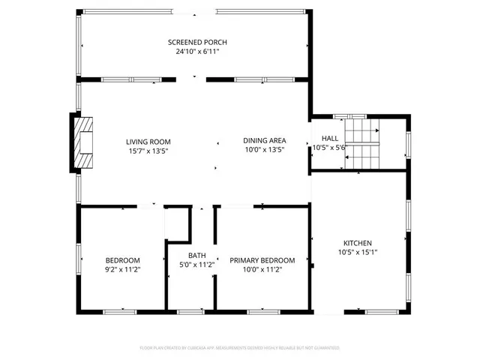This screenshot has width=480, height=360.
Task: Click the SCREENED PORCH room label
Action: [x=197, y=42]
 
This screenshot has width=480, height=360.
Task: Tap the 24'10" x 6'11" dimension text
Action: [x=197, y=52]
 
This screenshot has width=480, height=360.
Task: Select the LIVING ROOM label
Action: [x=148, y=141]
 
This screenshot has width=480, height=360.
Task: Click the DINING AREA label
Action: [x=264, y=141]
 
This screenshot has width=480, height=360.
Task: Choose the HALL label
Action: [x=330, y=138]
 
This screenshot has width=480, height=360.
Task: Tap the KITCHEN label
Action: [x=358, y=243]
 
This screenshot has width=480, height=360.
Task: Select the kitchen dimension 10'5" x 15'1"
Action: [x=358, y=253]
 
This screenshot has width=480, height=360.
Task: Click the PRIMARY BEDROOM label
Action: [x=262, y=260]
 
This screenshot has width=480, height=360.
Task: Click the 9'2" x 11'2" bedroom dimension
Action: [x=122, y=268]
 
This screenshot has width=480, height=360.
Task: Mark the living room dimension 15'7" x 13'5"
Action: [x=148, y=150]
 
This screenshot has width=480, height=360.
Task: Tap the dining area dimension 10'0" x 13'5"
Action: [x=264, y=150]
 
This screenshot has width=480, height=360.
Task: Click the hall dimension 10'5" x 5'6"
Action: [x=328, y=148]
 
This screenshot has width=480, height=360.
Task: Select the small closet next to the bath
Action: [x=176, y=223]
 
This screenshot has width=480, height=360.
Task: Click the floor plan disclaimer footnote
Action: [x=240, y=348]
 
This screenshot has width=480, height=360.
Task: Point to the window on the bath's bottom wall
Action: [x=191, y=310]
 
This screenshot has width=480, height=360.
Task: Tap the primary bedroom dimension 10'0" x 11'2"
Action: [x=262, y=269]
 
